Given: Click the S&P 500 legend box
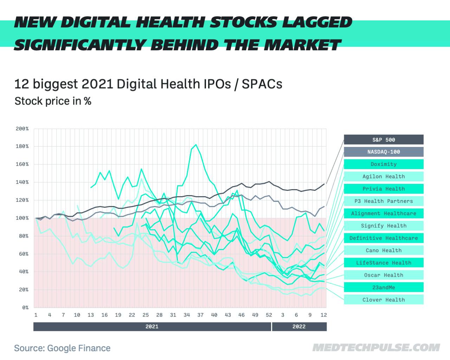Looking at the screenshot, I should (x=384, y=140).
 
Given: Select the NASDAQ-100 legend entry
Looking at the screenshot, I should (x=384, y=152).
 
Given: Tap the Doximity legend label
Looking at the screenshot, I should (x=384, y=164).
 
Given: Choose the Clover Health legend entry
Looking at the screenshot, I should (x=384, y=300).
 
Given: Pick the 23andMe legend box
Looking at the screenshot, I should (x=384, y=287).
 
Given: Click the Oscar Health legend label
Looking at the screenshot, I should (x=384, y=275).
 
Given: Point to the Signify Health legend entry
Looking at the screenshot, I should (x=384, y=226).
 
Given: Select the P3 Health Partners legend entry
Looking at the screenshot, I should (x=384, y=201).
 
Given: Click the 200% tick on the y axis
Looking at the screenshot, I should (x=22, y=129).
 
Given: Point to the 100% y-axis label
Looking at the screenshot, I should (x=22, y=218).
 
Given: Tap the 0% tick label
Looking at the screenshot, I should (x=25, y=308).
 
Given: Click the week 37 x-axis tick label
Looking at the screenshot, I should (x=200, y=315).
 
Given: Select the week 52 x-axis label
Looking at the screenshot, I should (x=269, y=315).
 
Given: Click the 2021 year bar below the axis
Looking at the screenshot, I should (x=152, y=327).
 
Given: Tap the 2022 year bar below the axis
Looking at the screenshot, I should (x=299, y=327).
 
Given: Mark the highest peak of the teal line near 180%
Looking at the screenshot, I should (x=196, y=144).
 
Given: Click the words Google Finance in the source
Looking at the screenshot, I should (x=79, y=348).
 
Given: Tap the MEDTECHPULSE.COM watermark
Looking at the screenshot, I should (x=376, y=348).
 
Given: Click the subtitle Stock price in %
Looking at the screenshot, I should (x=53, y=101).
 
